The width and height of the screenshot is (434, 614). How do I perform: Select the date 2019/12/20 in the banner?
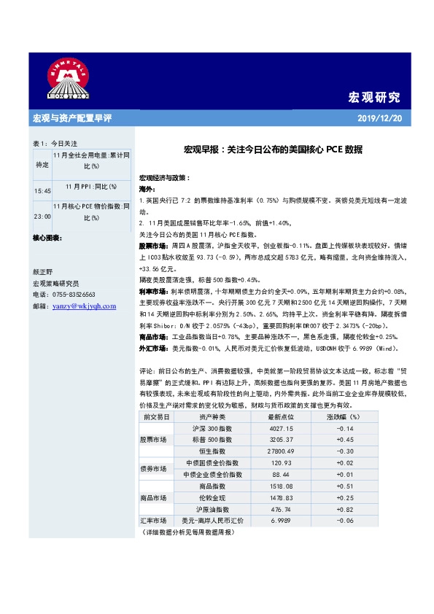click(380, 119)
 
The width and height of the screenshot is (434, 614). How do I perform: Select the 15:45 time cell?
click(42, 190)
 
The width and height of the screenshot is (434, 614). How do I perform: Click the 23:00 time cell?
click(42, 217)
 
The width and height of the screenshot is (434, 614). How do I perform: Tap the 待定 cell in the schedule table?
click(42, 165)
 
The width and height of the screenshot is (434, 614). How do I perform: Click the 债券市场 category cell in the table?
click(153, 469)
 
